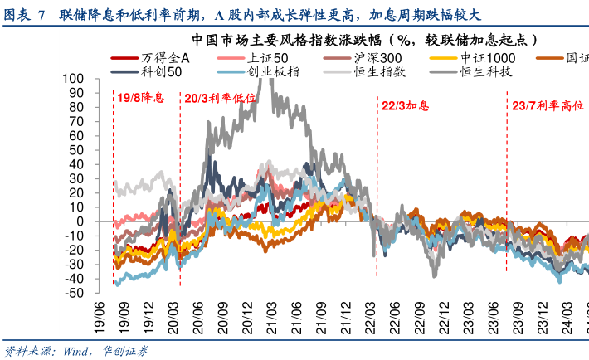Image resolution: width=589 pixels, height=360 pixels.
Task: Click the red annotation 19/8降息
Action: click(x=140, y=98)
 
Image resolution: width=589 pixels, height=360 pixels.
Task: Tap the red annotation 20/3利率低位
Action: click(x=220, y=98)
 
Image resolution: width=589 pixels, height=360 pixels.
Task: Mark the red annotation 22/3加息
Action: click(x=406, y=106)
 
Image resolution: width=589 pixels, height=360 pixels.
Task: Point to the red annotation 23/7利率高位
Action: click(x=545, y=106)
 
